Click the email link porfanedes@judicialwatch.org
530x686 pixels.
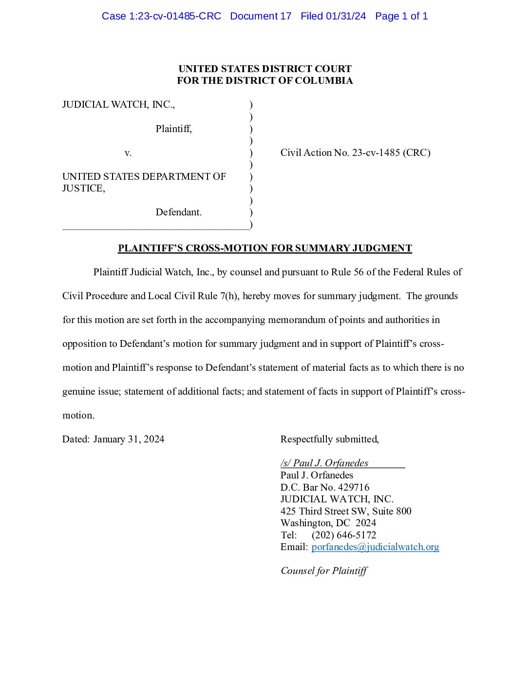[375, 547]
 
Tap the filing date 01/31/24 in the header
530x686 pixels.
[346, 16]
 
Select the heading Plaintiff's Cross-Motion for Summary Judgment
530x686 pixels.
[265, 248]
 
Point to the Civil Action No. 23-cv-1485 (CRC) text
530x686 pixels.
[355, 152]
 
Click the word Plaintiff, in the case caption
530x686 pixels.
[173, 129]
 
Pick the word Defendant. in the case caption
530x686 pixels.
[178, 212]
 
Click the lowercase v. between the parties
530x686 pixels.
[128, 153]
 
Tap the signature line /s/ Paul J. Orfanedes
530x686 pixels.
[324, 463]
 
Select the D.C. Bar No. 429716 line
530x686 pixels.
[325, 487]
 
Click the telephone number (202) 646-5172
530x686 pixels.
[344, 535]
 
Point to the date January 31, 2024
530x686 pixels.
[129, 439]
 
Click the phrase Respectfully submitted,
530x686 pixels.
[329, 439]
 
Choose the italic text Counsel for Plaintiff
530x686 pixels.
[324, 571]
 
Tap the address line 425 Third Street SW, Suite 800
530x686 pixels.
[346, 511]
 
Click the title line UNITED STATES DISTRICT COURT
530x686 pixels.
[265, 69]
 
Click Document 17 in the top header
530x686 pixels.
[261, 16]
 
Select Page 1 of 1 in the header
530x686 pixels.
[401, 16]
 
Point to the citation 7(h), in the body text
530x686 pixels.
[230, 296]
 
